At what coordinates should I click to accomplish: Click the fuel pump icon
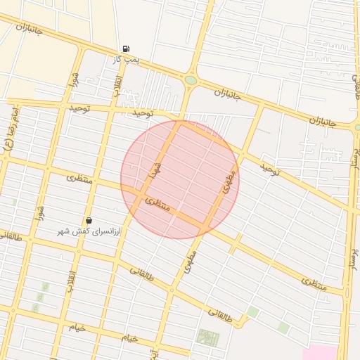pyautogui.click(x=126, y=49)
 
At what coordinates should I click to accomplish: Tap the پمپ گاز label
pyautogui.click(x=126, y=60)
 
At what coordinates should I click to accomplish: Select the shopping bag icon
pyautogui.click(x=89, y=221)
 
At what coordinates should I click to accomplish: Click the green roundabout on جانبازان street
pyautogui.click(x=191, y=80)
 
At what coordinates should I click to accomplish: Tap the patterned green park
pyautogui.click(x=207, y=338)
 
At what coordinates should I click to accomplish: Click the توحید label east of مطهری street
pyautogui.click(x=270, y=169)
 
